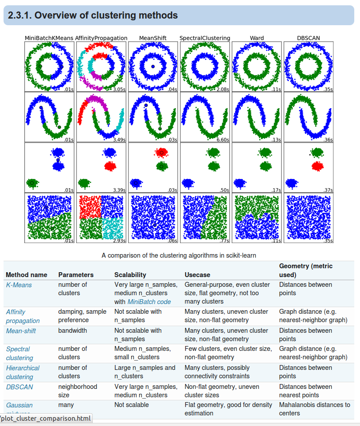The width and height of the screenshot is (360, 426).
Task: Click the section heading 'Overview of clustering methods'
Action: click(x=93, y=15)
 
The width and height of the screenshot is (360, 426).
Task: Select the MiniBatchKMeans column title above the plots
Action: click(x=49, y=38)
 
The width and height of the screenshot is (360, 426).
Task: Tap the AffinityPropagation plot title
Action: click(x=101, y=38)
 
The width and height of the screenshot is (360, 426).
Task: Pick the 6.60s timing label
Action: click(x=222, y=140)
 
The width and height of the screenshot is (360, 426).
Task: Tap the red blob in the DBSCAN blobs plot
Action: click(x=317, y=166)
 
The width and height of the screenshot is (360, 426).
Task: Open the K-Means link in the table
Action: click(x=19, y=285)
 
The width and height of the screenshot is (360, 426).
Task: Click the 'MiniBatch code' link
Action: click(x=149, y=302)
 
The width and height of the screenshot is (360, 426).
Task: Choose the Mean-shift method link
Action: click(x=21, y=331)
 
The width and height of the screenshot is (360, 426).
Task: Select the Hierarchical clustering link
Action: click(x=23, y=372)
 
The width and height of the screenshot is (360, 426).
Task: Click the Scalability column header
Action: click(x=130, y=275)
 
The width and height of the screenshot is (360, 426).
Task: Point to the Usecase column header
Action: click(x=197, y=275)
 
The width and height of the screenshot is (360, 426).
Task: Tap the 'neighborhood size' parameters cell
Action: click(x=77, y=391)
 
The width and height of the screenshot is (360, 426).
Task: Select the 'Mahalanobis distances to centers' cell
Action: click(x=314, y=409)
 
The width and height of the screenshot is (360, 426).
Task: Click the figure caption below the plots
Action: click(x=178, y=255)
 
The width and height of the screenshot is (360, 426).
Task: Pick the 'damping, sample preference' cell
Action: click(x=82, y=316)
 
